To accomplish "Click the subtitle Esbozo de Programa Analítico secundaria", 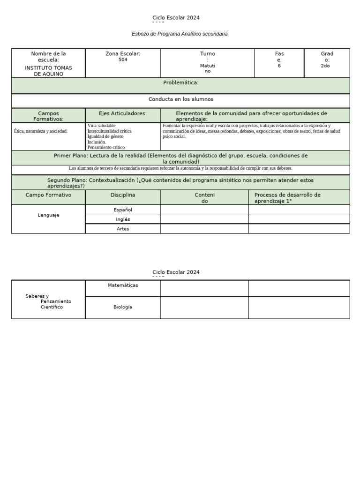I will [x=180, y=34].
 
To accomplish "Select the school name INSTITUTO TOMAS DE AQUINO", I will [x=48, y=71].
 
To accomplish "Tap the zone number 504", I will [x=123, y=60].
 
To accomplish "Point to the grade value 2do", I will [x=325, y=66].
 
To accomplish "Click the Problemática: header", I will [x=180, y=82].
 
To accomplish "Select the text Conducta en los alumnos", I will [x=180, y=99].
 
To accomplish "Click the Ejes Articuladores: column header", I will [x=123, y=113].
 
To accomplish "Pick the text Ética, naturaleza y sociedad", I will [x=41, y=131].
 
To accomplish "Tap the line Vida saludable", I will [x=101, y=126].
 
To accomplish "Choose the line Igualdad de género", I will [x=105, y=136].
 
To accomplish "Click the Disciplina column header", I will [x=123, y=195].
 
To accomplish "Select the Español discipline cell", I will [x=123, y=210].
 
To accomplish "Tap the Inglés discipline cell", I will [x=123, y=219].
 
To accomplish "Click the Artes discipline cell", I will [x=123, y=229].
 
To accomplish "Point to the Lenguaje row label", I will [x=48, y=215].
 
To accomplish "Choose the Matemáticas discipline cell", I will [x=123, y=285].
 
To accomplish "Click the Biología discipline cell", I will [x=123, y=307].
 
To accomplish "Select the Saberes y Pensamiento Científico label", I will [x=48, y=301].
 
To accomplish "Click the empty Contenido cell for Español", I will [x=204, y=210].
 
